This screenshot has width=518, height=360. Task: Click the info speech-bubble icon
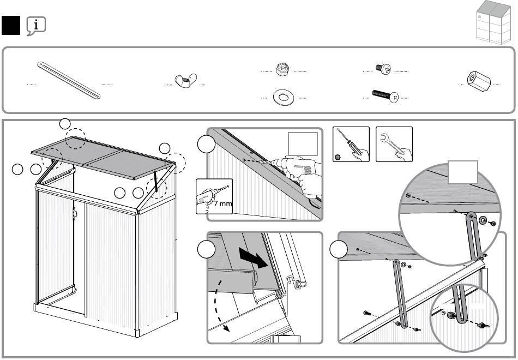[x=35, y=25]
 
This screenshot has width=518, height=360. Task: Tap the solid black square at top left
[x=11, y=25]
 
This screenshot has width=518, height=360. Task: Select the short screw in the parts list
[x=383, y=69]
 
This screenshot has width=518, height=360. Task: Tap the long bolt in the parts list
[x=386, y=96]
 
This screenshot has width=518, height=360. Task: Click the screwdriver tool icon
[x=351, y=144]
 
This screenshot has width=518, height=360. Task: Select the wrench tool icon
[x=394, y=144]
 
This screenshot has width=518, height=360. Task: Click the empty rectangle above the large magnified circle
[x=463, y=173]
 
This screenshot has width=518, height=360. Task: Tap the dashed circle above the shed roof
[x=76, y=139]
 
